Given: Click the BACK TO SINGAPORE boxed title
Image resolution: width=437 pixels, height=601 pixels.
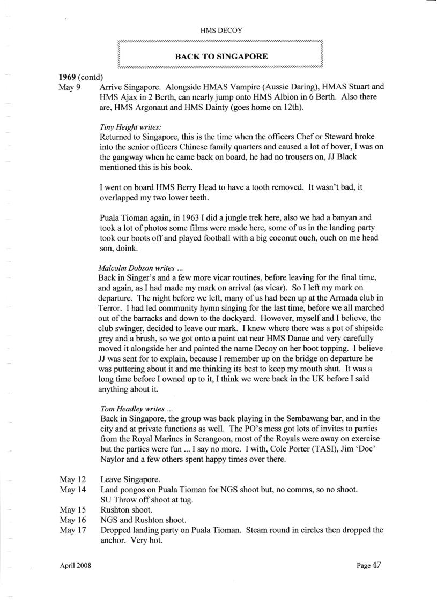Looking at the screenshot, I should [x=221, y=56].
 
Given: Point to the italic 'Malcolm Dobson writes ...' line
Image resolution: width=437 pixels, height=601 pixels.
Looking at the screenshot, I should [x=137, y=252].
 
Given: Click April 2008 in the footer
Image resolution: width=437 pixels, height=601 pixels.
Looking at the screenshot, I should [x=72, y=566].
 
